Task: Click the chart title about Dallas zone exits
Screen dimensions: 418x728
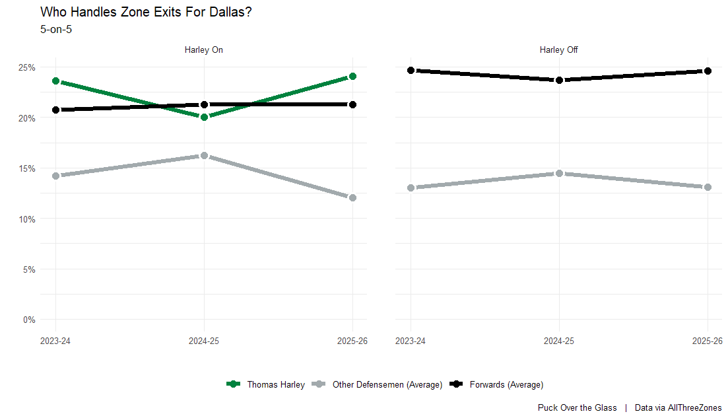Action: pos(145,12)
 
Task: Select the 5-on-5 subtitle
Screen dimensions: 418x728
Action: pos(56,29)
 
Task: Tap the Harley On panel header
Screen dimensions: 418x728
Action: pos(204,50)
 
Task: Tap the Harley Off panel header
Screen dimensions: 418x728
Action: pos(558,50)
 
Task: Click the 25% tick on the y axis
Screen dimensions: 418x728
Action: pos(27,67)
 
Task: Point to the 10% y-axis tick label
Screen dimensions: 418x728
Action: pos(27,219)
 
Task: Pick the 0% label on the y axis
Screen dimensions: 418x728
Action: pos(29,320)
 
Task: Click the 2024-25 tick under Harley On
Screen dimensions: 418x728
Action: pos(204,341)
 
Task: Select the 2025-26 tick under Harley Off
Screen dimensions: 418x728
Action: pos(707,341)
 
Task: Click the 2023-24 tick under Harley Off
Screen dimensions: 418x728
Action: pos(411,341)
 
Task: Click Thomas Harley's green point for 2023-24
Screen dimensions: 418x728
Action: pos(55,81)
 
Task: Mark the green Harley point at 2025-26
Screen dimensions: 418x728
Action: pos(352,76)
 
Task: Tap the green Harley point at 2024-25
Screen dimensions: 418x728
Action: pos(204,117)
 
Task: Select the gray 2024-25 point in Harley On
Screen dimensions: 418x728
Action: pos(204,155)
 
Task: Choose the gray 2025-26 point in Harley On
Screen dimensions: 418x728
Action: pos(352,197)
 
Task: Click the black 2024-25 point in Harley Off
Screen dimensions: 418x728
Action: pos(559,80)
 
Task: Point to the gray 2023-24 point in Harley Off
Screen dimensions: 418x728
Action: pos(411,188)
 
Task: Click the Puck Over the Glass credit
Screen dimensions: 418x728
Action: pos(577,407)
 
